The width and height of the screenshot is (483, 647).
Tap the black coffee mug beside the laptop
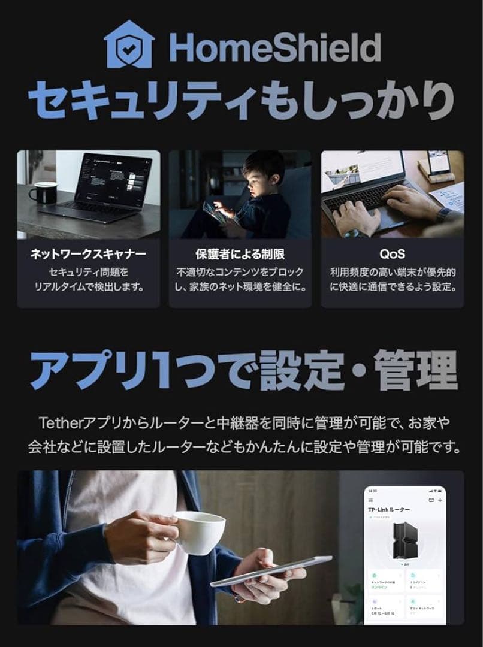(x=43, y=192)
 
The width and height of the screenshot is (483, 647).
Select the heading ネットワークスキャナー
(x=88, y=254)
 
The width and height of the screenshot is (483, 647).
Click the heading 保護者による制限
(x=240, y=254)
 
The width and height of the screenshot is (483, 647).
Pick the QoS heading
(x=392, y=254)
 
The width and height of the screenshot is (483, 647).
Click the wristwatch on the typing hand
(x=444, y=215)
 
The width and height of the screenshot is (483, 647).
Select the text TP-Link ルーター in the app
(x=389, y=509)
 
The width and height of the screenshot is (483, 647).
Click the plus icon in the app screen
(x=440, y=499)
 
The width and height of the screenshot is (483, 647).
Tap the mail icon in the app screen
(x=431, y=499)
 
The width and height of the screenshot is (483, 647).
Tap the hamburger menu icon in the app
(x=370, y=499)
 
